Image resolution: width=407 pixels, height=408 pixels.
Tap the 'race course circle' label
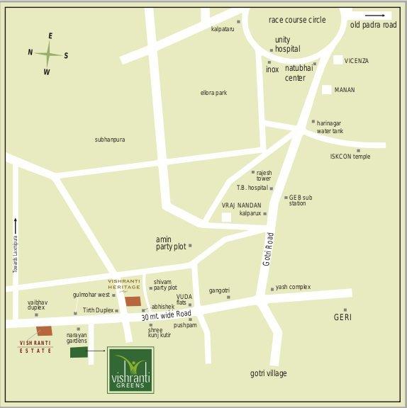[x=297, y=20]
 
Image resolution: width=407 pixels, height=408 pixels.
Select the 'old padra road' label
[x=373, y=25]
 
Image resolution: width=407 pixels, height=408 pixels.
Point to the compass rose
[x=48, y=54]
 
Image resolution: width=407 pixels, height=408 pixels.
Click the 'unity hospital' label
[x=286, y=44]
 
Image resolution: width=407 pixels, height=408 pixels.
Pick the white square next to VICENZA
[x=338, y=61]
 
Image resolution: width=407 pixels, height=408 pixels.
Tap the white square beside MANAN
[x=327, y=90]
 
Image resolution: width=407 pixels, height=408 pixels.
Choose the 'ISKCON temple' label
[x=350, y=156]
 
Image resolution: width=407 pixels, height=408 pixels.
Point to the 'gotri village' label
[x=268, y=373]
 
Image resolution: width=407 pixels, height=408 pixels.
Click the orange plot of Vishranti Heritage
[x=133, y=301]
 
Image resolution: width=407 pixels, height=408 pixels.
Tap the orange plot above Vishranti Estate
[x=45, y=331]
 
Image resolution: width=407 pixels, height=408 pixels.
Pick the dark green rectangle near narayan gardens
[x=79, y=352]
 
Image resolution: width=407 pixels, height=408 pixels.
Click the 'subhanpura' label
[x=110, y=140]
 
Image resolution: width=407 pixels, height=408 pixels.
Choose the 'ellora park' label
[x=213, y=93]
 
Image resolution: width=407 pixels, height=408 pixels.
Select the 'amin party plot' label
[x=171, y=243]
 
